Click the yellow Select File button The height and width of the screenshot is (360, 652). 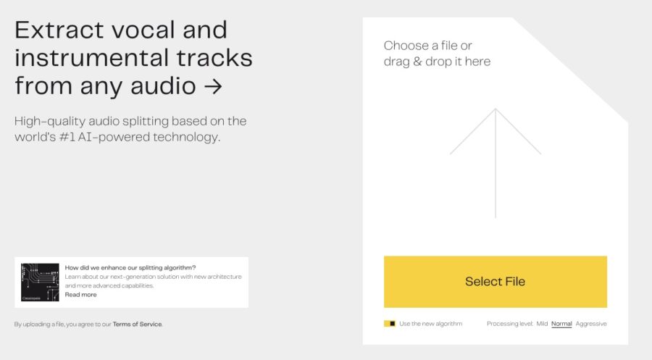[495, 282]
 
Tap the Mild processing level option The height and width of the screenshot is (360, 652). [542, 324]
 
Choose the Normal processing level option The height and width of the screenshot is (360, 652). [561, 324]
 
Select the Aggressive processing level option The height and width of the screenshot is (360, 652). [591, 324]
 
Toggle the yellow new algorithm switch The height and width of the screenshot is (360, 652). [390, 324]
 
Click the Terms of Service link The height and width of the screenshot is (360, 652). [138, 324]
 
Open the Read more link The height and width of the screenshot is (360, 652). [80, 295]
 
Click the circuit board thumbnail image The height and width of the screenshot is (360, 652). [40, 282]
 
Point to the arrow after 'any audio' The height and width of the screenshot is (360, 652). [212, 86]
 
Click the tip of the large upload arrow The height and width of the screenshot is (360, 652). [496, 110]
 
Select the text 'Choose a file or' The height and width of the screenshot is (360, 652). [427, 46]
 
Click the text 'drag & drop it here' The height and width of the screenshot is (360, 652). [437, 62]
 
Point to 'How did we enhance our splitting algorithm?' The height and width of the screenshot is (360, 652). [130, 267]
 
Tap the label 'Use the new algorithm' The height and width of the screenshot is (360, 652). [430, 324]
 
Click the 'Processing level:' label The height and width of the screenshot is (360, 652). [510, 324]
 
